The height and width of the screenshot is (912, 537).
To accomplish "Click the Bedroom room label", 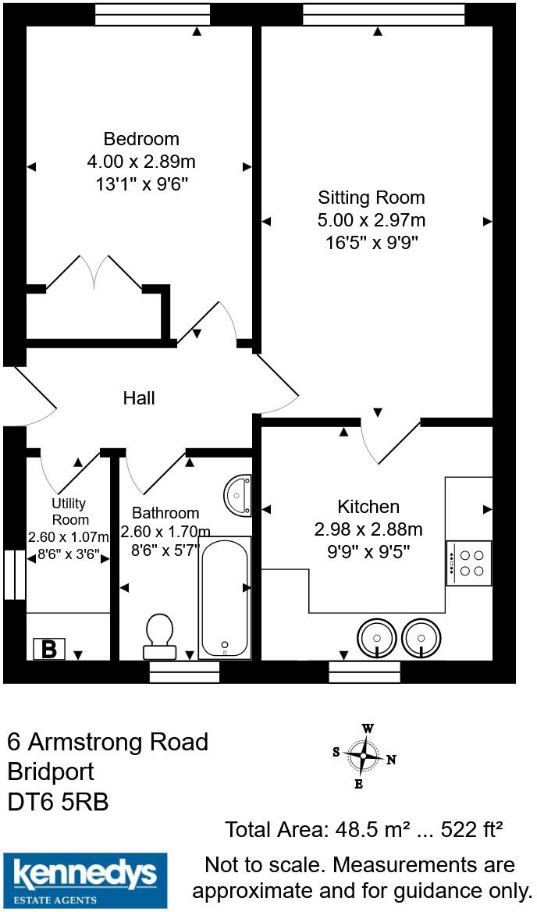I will click(141, 139).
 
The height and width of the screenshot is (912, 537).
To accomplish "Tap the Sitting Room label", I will click(371, 198).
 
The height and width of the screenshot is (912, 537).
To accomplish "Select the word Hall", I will click(139, 398).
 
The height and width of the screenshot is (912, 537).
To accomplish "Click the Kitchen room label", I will click(368, 507).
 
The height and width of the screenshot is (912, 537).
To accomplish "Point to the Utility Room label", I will click(69, 511).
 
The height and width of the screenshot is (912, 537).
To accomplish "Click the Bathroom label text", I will click(165, 513).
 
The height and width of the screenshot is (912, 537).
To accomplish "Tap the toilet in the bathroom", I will click(159, 633).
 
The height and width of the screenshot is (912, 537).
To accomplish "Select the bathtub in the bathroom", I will click(225, 597).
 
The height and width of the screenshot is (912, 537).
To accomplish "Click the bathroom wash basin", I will click(239, 494).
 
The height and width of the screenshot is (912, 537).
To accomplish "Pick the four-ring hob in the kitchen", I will click(469, 563).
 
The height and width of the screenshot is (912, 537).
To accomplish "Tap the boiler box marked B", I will click(49, 649).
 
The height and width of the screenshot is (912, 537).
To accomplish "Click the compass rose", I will click(365, 757).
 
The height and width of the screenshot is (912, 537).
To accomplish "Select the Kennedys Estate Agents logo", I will click(85, 880).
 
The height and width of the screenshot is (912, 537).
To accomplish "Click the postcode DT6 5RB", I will click(58, 801).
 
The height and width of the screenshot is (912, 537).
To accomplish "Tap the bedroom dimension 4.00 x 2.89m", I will click(141, 162).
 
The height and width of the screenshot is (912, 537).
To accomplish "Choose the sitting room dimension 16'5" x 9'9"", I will click(372, 242).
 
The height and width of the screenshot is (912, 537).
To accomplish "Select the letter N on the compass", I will click(392, 759).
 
